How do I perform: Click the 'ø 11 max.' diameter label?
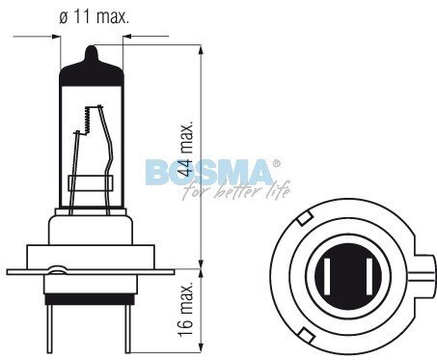click(x=92, y=15)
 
